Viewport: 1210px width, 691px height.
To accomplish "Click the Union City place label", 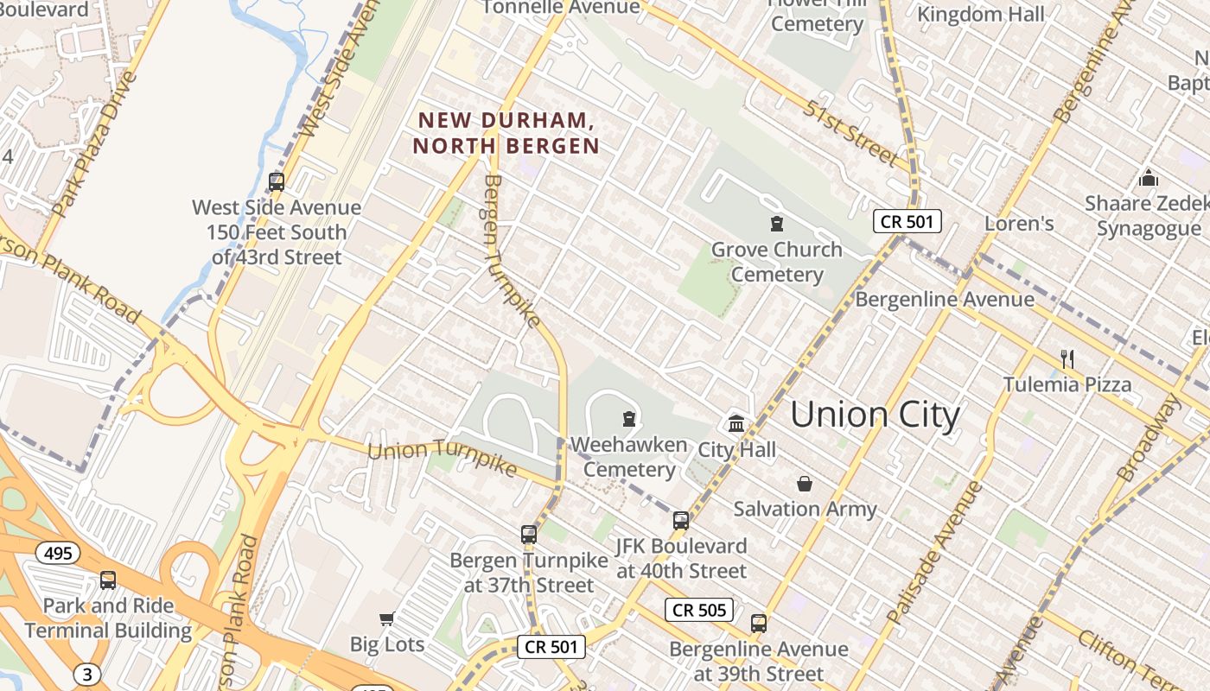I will (x=875, y=415).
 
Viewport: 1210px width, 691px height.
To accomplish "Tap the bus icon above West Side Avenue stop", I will (x=277, y=182).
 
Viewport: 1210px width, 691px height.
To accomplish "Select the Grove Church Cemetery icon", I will (x=776, y=224).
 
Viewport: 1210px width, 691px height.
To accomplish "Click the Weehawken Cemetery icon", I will (x=629, y=419).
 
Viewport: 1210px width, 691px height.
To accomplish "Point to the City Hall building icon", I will (x=736, y=423).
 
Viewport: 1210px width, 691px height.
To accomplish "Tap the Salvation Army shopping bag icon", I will (x=805, y=484).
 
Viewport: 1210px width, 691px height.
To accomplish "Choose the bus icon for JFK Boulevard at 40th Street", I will (x=681, y=520).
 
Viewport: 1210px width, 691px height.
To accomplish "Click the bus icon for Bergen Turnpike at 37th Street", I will (x=529, y=534).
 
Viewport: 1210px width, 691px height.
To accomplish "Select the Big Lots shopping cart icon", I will (x=387, y=618).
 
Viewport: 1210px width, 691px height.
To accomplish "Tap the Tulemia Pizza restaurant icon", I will (x=1067, y=358).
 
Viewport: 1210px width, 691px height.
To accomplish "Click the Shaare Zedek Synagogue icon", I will (x=1149, y=178).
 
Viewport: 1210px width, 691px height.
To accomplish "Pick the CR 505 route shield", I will (x=700, y=610).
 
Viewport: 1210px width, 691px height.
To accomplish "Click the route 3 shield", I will (x=86, y=673).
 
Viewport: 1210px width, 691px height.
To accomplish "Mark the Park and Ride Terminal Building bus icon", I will (x=108, y=580).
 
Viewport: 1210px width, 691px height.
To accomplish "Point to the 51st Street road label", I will (x=851, y=132).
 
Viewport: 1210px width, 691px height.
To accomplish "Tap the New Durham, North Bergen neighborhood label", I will (x=506, y=133).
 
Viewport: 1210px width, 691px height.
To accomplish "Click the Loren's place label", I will (x=1019, y=224).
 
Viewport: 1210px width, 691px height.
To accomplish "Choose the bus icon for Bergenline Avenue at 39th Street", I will (x=759, y=623).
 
